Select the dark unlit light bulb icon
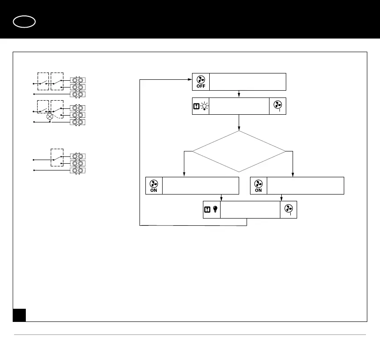215,209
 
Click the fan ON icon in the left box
154,185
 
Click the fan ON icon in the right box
259,185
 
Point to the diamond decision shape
239,151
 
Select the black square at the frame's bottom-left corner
19,315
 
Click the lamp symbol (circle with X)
50,117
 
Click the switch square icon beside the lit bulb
197,107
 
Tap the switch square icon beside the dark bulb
207,209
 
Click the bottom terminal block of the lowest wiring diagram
78,170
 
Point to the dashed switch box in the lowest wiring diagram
57,157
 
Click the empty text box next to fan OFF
248,82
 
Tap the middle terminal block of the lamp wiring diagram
78,115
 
